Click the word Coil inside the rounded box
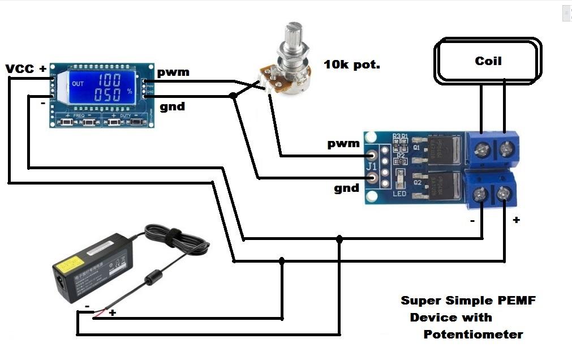488,61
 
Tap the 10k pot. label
351,65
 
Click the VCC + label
26,69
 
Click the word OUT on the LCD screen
78,84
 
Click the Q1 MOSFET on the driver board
440,149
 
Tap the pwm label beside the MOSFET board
343,143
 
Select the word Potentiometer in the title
473,335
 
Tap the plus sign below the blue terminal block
515,220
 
